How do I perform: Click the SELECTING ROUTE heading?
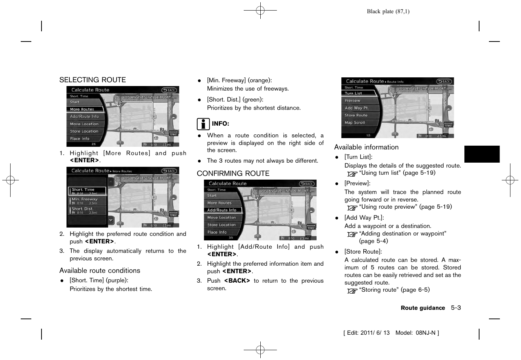coord(92,80)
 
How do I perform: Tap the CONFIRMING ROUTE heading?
coord(233,174)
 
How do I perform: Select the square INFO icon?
coord(203,124)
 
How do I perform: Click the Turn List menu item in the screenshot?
coord(353,93)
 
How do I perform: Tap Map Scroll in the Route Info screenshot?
coord(355,123)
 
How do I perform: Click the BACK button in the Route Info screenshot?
coord(444,82)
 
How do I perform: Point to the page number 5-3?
coord(456,308)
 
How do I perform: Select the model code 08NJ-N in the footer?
coord(426,333)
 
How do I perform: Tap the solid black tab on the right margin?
coord(482,154)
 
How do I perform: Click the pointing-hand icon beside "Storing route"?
coord(352,291)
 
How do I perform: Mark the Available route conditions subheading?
coord(100,271)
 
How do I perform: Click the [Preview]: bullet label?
coord(357,183)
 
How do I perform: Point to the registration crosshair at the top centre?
coord(260,11)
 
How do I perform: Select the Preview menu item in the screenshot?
coord(352,101)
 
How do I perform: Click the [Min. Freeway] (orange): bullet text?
coord(239,80)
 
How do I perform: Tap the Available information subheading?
coord(366,147)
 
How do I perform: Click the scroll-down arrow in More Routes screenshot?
coord(111,220)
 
